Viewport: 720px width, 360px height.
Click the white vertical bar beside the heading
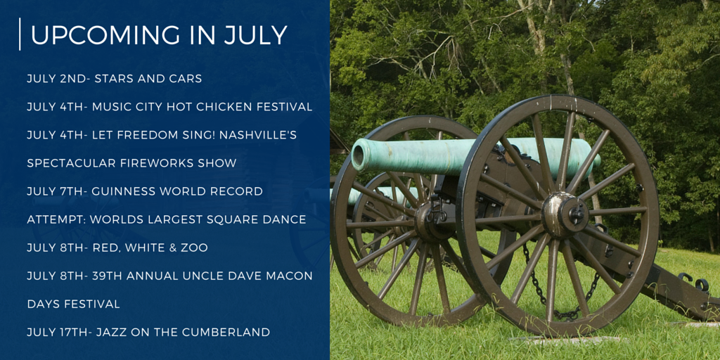(20, 34)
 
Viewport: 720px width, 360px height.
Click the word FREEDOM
(143, 136)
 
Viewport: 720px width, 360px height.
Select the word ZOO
(196, 248)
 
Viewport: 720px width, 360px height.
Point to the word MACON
(294, 276)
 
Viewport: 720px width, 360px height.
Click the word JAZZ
(110, 332)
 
